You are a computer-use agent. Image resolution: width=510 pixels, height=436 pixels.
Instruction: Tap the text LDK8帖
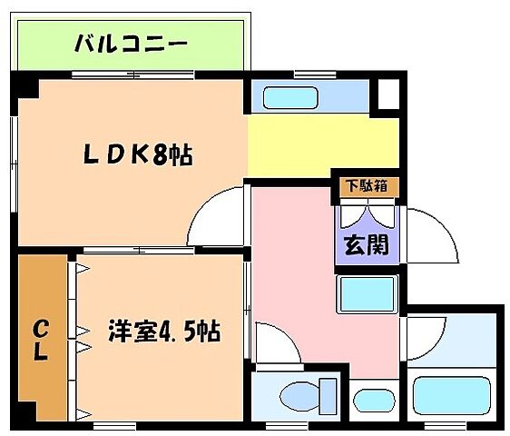click(137, 155)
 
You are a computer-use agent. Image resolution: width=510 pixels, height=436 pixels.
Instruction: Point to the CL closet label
click(41, 340)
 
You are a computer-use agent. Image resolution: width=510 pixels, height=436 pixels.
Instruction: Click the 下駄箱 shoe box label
click(365, 185)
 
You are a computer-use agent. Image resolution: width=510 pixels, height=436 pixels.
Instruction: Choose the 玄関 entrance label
click(365, 245)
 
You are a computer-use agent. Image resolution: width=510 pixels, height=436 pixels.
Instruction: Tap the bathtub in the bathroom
click(452, 395)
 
